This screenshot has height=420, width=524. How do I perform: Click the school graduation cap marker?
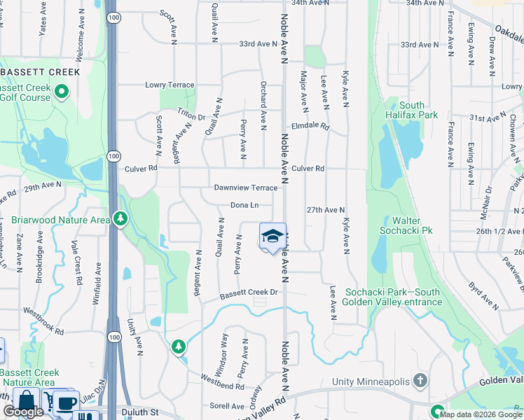click(273, 237)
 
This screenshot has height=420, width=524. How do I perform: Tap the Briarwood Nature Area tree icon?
click(121, 219)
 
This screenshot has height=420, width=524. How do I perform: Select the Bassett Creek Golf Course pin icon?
click(61, 91)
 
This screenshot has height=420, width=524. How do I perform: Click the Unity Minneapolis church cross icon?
click(420, 380)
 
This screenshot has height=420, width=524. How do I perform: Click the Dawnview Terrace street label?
click(246, 188)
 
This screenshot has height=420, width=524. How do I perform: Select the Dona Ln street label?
click(244, 205)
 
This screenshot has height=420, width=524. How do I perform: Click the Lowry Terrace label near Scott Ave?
click(169, 85)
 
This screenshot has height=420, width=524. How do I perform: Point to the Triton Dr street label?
click(191, 117)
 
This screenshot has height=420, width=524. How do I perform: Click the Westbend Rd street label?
click(221, 386)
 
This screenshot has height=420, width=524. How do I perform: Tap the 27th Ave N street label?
click(326, 209)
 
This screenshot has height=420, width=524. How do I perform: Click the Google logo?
click(22, 412)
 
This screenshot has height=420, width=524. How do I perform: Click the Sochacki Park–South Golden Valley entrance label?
click(393, 297)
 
